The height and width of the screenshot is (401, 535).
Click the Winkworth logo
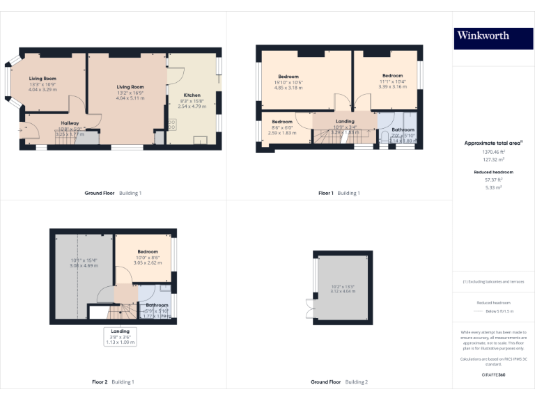pyautogui.click(x=483, y=36)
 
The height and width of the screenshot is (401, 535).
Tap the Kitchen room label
pyautogui.click(x=192, y=95)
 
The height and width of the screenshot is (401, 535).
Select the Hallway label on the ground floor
pyautogui.click(x=70, y=123)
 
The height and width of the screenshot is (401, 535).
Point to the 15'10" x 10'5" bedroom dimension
pyautogui.click(x=289, y=82)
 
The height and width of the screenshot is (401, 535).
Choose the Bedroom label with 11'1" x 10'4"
pyautogui.click(x=392, y=75)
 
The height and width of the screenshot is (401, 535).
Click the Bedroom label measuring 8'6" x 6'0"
pyautogui.click(x=282, y=122)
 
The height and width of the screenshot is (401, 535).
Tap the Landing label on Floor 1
pyautogui.click(x=345, y=121)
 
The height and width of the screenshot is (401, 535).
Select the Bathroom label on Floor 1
pyautogui.click(x=403, y=129)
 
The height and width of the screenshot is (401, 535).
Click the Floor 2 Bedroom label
pyautogui.click(x=148, y=251)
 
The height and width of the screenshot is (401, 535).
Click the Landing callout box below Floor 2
pyautogui.click(x=121, y=336)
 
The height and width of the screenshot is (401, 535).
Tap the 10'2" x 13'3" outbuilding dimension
pyautogui.click(x=343, y=286)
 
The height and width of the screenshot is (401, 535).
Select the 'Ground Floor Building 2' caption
pyautogui.click(x=339, y=382)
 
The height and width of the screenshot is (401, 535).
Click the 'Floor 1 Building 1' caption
pyautogui.click(x=339, y=193)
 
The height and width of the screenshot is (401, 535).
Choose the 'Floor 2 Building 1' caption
pyautogui.click(x=113, y=382)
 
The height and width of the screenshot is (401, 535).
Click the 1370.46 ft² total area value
pyautogui.click(x=493, y=152)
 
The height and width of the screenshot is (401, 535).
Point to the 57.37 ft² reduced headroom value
pyautogui.click(x=493, y=179)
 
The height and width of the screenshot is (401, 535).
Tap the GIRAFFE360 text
pyautogui.click(x=493, y=375)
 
